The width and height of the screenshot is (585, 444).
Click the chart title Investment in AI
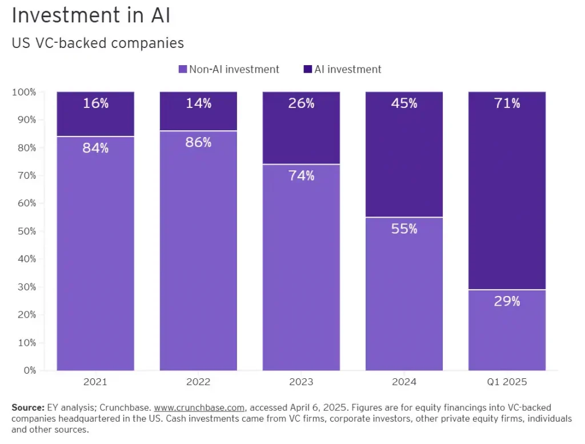click(91, 15)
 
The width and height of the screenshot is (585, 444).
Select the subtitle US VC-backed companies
click(98, 43)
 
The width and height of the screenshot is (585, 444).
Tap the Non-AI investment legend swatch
click(183, 70)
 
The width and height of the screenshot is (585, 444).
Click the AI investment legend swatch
click(308, 70)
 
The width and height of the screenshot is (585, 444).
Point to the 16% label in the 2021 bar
click(95, 103)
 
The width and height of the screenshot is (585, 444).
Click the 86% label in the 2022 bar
click(198, 143)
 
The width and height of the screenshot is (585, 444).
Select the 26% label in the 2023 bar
click(301, 103)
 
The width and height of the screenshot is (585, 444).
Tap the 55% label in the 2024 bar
click(404, 229)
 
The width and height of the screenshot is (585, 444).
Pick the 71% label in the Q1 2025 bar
click(507, 103)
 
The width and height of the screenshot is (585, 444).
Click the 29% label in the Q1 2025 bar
click(507, 302)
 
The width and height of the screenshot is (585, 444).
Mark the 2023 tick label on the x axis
click(301, 382)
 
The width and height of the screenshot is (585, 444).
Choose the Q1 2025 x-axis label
click(507, 382)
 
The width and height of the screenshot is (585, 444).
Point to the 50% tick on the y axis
click(26, 231)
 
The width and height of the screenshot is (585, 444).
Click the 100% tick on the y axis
click(24, 92)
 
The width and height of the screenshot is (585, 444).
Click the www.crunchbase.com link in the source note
click(199, 408)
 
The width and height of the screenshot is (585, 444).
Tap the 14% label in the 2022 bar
click(198, 103)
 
